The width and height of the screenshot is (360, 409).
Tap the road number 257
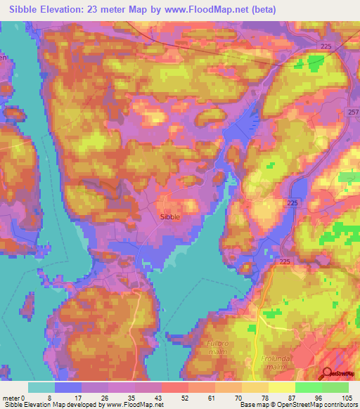353,112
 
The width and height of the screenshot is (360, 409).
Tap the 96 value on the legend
321,397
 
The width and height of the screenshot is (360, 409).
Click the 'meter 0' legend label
14,397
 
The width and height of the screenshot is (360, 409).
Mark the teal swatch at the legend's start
41,387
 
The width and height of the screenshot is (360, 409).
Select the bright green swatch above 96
309,387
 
